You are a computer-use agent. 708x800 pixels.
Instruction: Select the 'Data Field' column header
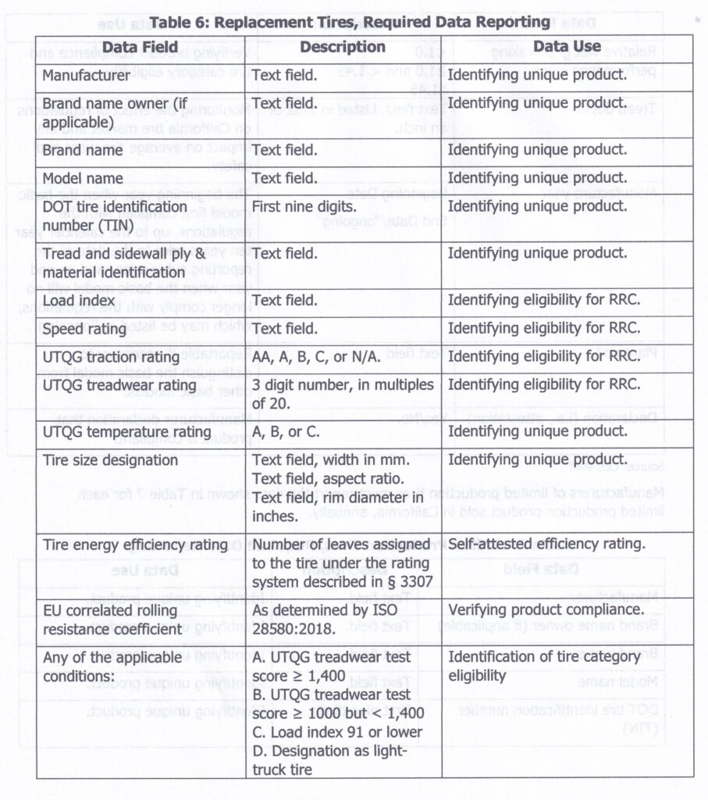pyautogui.click(x=140, y=48)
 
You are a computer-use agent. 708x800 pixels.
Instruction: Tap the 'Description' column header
pyautogui.click(x=343, y=47)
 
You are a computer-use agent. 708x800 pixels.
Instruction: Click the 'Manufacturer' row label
pyautogui.click(x=86, y=77)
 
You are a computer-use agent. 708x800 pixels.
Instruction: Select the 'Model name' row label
pyautogui.click(x=83, y=178)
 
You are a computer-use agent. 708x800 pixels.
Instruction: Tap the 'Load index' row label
pyautogui.click(x=79, y=300)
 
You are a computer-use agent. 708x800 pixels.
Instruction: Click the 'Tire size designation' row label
pyautogui.click(x=110, y=460)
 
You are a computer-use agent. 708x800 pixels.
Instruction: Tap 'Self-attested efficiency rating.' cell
pyautogui.click(x=546, y=545)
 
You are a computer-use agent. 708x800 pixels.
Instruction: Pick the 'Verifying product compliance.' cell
pyautogui.click(x=546, y=609)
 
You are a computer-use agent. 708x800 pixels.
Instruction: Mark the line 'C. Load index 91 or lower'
pyautogui.click(x=337, y=732)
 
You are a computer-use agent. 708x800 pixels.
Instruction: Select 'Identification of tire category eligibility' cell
pyautogui.click(x=544, y=666)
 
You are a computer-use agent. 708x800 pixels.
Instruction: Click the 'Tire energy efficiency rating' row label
pyautogui.click(x=134, y=545)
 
